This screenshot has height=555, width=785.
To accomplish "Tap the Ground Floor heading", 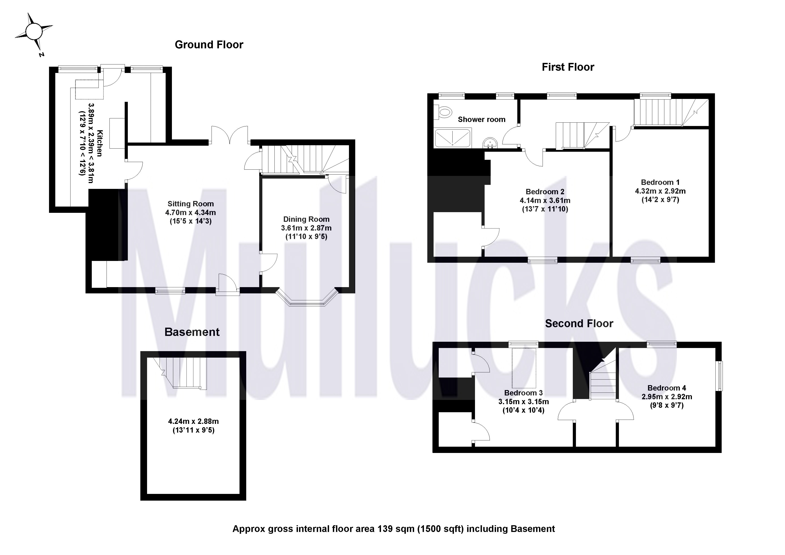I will tap(209, 45).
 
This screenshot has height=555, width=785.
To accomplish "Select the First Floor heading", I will tap(568, 67).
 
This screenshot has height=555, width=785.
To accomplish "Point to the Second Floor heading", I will tap(579, 323).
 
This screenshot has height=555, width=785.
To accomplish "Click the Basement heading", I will tap(192, 332).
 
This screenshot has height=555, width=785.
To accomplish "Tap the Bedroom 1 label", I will tap(660, 182).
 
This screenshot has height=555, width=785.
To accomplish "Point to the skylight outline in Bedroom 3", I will tap(524, 367).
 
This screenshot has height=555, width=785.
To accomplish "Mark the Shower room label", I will tap(481, 120).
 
